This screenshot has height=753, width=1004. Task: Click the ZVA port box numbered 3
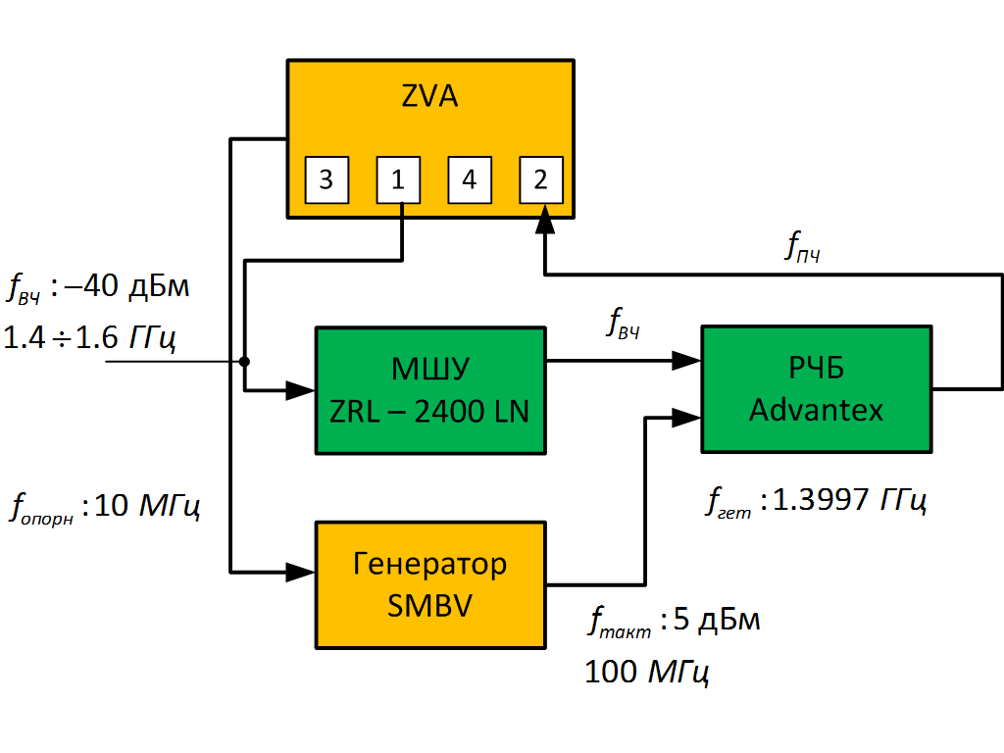(x=326, y=179)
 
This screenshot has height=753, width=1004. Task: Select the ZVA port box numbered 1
(x=398, y=179)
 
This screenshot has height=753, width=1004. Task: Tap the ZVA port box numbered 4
(x=470, y=179)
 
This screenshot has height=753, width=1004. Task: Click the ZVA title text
(x=429, y=98)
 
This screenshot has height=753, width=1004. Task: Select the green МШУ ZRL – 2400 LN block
(x=429, y=390)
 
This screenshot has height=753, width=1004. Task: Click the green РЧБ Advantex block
(x=816, y=389)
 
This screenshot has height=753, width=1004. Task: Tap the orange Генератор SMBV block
(x=429, y=584)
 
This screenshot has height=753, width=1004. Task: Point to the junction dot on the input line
(x=245, y=362)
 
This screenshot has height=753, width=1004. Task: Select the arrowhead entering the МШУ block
(x=300, y=391)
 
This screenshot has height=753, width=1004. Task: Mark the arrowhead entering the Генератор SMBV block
(x=300, y=571)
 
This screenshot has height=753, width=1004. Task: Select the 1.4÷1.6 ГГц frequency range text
(x=90, y=339)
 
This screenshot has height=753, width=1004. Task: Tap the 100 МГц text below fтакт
(x=647, y=673)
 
